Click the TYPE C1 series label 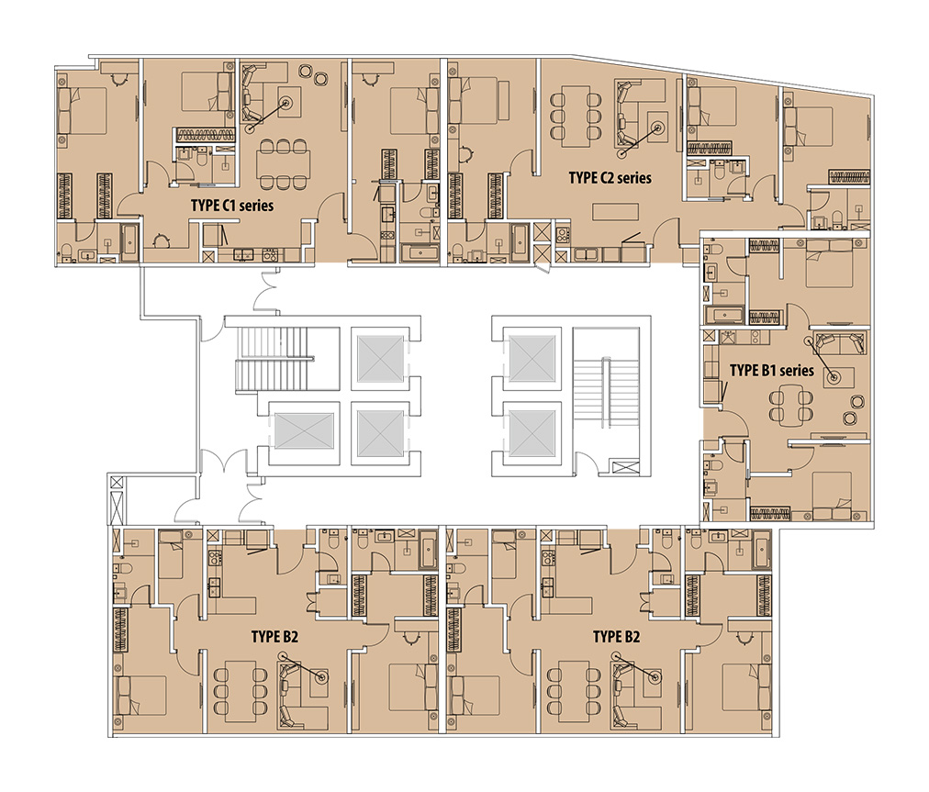232,206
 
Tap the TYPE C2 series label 610,178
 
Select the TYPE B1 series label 771,370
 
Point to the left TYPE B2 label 274,637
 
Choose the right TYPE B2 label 616,637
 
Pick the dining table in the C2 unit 575,117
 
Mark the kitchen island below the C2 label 616,211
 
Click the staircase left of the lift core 273,359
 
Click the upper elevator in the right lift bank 532,359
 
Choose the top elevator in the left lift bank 380,359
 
